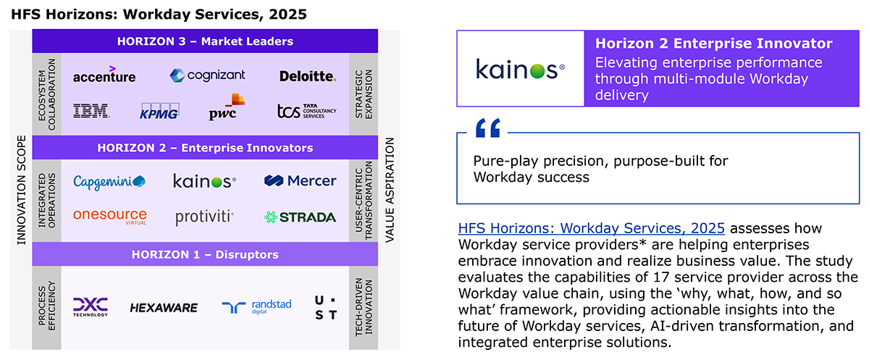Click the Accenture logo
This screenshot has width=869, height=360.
[104, 75]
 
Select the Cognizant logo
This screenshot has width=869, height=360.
[207, 75]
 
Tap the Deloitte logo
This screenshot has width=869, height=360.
[308, 76]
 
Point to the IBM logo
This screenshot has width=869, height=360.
[91, 111]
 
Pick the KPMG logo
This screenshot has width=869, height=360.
[159, 112]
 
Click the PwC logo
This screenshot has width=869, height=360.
[227, 106]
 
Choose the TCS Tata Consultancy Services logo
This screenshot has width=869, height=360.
[307, 111]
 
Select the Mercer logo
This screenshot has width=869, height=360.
[301, 181]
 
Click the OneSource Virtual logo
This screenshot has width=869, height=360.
[110, 217]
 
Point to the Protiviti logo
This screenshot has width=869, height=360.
[204, 217]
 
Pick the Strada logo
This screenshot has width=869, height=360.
[300, 217]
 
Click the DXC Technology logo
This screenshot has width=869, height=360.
[91, 307]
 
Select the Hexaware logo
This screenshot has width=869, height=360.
[164, 308]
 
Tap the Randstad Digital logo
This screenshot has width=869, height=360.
[256, 306]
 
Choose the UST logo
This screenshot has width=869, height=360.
[326, 308]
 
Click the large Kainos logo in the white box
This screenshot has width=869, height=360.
[520, 70]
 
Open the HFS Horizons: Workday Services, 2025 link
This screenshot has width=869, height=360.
[591, 228]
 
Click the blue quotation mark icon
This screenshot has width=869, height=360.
[488, 128]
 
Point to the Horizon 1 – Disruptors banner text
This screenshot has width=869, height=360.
[205, 254]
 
